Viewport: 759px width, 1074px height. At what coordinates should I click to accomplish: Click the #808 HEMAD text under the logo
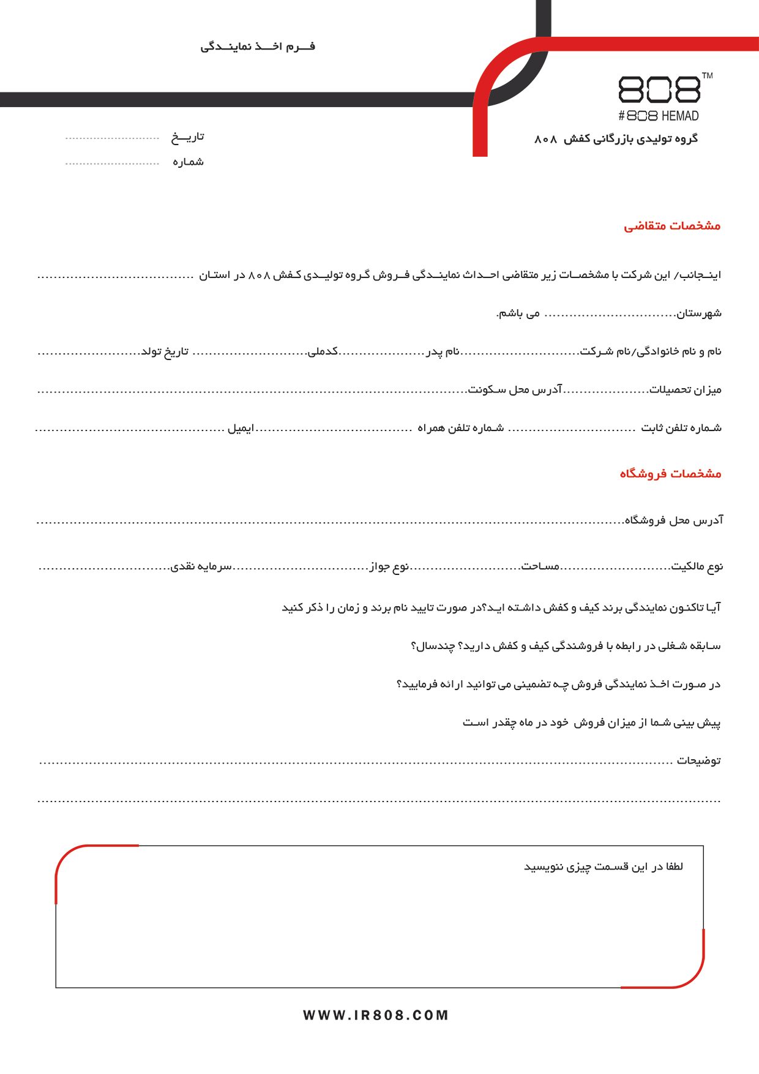(658, 116)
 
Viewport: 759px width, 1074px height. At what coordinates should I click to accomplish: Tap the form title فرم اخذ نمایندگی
(258, 47)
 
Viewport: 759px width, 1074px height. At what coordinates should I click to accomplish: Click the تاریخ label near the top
(187, 137)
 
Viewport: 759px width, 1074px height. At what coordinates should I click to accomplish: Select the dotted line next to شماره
(112, 164)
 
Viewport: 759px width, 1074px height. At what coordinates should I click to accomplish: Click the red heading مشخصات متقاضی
(671, 226)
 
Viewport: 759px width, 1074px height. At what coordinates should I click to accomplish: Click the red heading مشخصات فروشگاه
(670, 473)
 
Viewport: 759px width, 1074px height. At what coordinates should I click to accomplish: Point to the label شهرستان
(699, 314)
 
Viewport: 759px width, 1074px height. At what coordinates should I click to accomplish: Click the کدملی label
(323, 351)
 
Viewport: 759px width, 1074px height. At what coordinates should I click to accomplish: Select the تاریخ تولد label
(165, 351)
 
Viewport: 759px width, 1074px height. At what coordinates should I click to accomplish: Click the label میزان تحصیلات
(686, 389)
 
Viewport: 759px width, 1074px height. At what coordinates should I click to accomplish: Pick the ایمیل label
(241, 428)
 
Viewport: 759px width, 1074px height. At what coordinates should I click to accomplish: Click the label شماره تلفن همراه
(460, 428)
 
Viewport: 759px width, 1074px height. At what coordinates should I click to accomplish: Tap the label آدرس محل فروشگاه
(673, 520)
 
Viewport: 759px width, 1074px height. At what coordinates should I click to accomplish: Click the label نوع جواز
(389, 566)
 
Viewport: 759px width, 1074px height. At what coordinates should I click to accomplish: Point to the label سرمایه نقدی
(201, 566)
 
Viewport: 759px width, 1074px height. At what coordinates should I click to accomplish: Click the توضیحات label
(698, 760)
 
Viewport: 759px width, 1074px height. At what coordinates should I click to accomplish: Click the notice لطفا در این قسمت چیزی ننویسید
(604, 867)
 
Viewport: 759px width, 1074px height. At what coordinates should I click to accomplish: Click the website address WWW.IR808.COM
(376, 1015)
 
